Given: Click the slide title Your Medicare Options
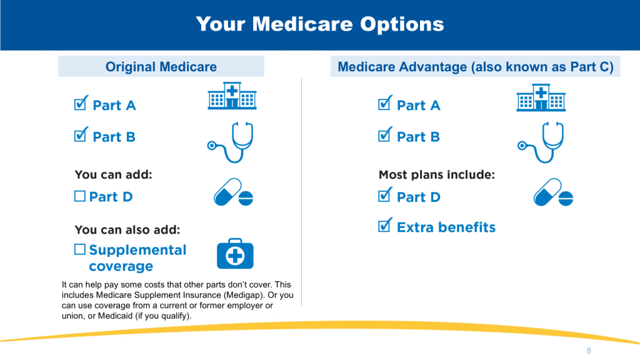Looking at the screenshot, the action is (319, 24).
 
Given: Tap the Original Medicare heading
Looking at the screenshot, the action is (161, 66).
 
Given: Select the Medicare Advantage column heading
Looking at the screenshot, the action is (476, 66).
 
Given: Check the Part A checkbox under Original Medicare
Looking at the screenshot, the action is (81, 103).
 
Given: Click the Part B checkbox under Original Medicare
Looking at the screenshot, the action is (81, 135).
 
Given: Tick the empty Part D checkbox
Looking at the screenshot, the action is (80, 196).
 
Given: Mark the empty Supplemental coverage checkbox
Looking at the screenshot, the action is (80, 249).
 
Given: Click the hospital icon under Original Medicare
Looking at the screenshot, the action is (232, 96).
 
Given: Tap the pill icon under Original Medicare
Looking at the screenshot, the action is (233, 192).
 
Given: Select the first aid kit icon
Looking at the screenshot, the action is (235, 254).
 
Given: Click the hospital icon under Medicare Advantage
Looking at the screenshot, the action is (541, 98).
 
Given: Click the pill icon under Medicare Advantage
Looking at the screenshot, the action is (553, 192).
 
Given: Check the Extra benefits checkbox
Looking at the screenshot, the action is (385, 225).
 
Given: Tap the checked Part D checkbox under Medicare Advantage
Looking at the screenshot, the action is (385, 195).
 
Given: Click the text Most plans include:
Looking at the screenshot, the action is (437, 175).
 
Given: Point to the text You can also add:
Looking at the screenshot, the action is (127, 230).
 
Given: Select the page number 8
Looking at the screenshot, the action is (589, 351).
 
